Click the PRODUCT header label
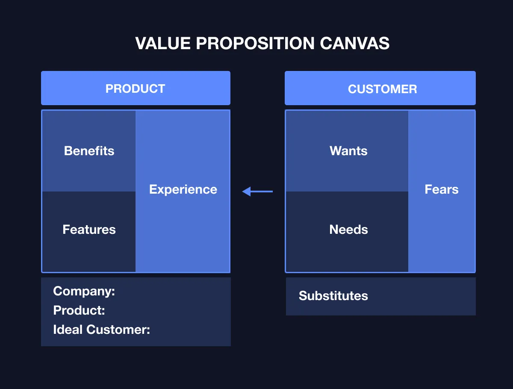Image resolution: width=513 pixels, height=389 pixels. pyautogui.click(x=135, y=89)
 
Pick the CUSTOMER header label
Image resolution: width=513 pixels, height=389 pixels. pyautogui.click(x=382, y=89)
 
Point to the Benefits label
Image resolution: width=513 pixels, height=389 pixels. pyautogui.click(x=89, y=151)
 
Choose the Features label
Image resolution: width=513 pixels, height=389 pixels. pyautogui.click(x=89, y=230)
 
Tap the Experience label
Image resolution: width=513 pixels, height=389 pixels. pyautogui.click(x=183, y=189)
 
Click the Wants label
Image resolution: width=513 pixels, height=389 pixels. pyautogui.click(x=348, y=151)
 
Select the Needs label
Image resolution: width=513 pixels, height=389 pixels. pyautogui.click(x=348, y=230)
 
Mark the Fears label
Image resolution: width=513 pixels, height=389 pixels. pyautogui.click(x=441, y=189)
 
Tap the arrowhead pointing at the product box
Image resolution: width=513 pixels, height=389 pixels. pyautogui.click(x=246, y=192)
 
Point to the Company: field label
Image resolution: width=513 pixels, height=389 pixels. pyautogui.click(x=84, y=292)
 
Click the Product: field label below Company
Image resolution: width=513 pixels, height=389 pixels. pyautogui.click(x=79, y=310)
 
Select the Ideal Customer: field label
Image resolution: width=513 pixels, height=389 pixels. pyautogui.click(x=101, y=330)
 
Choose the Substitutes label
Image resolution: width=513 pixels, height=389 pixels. pyautogui.click(x=333, y=296)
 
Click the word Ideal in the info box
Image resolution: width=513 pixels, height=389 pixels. pyautogui.click(x=68, y=330)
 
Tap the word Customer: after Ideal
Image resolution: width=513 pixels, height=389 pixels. pyautogui.click(x=118, y=330)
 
